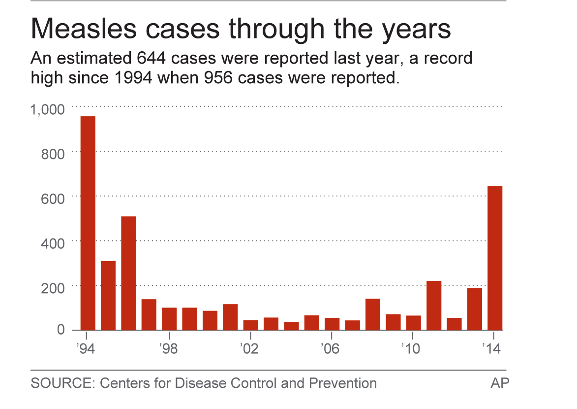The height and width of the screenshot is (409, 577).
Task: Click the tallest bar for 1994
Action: click(88, 223)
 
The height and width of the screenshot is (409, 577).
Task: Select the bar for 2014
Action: click(495, 258)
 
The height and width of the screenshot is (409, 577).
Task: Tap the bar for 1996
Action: click(128, 273)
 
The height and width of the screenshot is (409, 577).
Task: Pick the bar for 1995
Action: click(108, 295)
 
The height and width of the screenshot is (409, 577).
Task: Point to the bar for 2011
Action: click(434, 305)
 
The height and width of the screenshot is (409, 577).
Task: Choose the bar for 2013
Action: click(475, 309)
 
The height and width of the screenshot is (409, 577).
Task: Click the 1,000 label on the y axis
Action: click(48, 109)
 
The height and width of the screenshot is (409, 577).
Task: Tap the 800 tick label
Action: click(52, 154)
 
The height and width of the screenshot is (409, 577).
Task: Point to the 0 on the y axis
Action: click(61, 329)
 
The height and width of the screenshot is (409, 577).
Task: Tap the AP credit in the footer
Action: click(500, 383)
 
